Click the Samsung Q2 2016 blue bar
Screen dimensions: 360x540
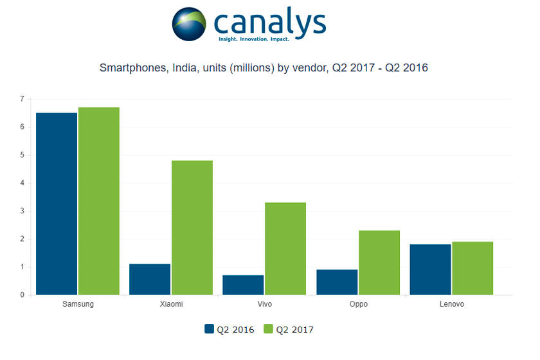(57, 204)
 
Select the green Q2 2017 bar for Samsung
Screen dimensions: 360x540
(99, 201)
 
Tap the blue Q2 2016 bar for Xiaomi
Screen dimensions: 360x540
(150, 279)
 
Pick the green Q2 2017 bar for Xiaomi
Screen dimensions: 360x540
(192, 228)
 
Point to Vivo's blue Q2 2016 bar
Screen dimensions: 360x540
(243, 285)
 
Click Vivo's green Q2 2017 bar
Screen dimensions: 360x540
(285, 249)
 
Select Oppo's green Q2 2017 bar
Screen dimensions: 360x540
(379, 262)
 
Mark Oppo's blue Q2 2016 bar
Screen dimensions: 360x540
(337, 282)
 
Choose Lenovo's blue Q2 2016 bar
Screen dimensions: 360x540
(430, 269)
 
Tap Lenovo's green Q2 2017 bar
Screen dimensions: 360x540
(473, 268)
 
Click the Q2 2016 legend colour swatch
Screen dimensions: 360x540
(209, 330)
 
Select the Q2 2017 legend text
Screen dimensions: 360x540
(294, 330)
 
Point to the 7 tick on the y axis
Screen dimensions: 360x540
(22, 99)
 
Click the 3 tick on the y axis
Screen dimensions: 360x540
(22, 211)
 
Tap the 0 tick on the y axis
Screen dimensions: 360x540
(22, 295)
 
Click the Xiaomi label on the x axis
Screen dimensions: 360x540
(171, 304)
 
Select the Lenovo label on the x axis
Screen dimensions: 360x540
(451, 304)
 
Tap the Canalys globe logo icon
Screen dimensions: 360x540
(189, 24)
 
